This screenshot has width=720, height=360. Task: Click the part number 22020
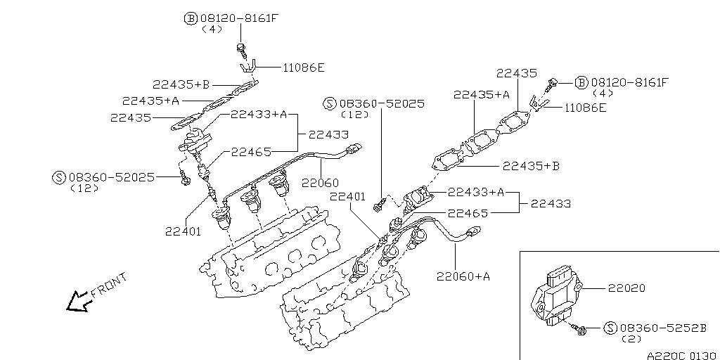point(627,288)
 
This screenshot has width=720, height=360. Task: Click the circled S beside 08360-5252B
point(610,328)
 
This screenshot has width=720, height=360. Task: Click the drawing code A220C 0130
point(680,354)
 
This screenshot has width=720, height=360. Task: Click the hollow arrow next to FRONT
point(75,302)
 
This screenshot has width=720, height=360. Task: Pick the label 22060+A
point(462,276)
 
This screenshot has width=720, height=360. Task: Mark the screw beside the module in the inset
point(580,328)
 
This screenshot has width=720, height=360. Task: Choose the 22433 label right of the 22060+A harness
point(551,204)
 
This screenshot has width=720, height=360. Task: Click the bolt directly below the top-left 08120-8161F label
point(241,49)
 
